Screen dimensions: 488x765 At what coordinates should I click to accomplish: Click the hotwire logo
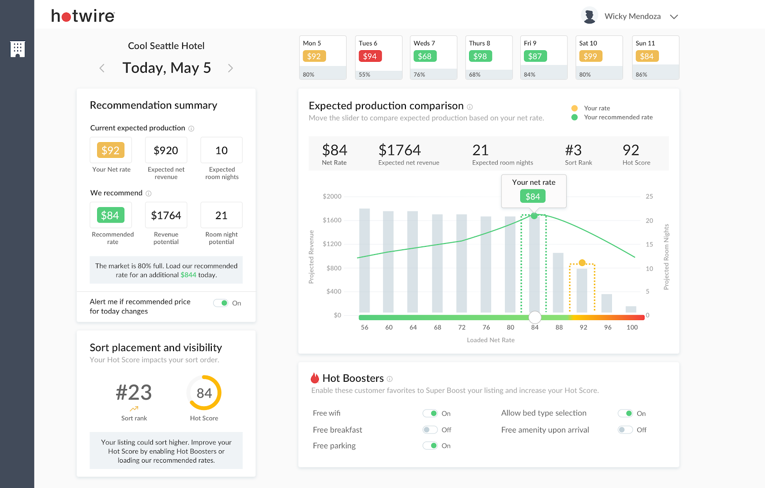[x=83, y=16]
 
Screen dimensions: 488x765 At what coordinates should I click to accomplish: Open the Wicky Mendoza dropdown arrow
[x=674, y=17]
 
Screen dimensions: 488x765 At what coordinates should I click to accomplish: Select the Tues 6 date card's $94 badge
[x=370, y=56]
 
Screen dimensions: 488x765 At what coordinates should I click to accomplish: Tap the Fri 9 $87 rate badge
[x=535, y=56]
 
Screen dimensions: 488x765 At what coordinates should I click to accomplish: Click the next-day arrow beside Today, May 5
[x=230, y=68]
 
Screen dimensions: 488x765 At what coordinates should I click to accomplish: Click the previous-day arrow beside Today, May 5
[x=102, y=68]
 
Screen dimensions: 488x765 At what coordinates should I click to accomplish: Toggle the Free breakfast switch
[x=430, y=430]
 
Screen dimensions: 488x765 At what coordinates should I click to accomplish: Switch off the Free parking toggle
[x=430, y=446]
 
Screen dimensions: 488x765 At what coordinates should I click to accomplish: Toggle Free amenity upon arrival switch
[x=625, y=430]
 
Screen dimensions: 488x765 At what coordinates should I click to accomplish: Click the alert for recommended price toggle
[x=221, y=303]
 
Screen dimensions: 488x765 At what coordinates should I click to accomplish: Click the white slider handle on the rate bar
[x=535, y=317]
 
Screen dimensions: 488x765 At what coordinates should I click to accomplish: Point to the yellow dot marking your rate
[x=582, y=263]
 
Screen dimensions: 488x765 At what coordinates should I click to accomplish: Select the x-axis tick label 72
[x=462, y=328]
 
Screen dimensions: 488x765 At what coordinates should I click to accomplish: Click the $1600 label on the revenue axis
[x=332, y=220]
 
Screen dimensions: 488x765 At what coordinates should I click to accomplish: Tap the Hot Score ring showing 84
[x=204, y=393]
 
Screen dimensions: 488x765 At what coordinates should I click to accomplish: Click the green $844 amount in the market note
[x=188, y=275]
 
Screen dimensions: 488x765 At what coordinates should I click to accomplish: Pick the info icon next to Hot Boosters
[x=390, y=379]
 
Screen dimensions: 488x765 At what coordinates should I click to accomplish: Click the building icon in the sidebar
[x=18, y=49]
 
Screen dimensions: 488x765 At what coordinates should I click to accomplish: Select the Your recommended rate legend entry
[x=618, y=117]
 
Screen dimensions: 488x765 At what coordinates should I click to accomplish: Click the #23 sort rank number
[x=134, y=393]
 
